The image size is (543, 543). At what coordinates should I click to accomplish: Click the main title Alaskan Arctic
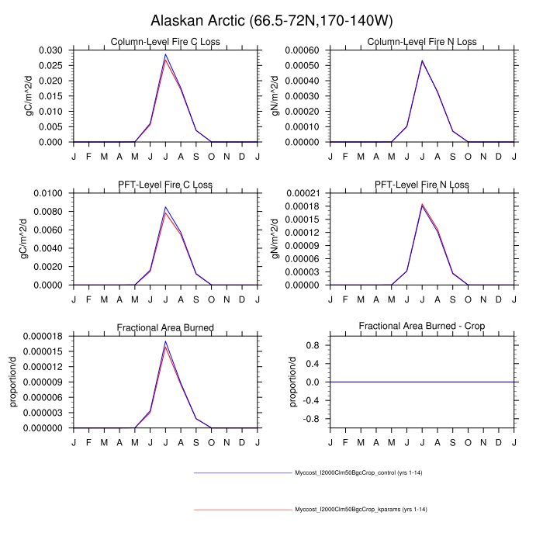[x=271, y=20]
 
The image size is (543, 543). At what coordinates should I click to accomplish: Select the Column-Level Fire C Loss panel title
[x=166, y=42]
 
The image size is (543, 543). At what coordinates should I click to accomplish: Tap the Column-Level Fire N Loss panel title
[x=422, y=42]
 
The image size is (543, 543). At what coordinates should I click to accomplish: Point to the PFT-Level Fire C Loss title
[x=166, y=185]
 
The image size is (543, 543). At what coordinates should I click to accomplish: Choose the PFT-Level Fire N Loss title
[x=422, y=185]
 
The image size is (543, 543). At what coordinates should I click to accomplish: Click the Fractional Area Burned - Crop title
[x=422, y=327]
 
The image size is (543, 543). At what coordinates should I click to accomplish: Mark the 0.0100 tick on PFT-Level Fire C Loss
[x=50, y=193]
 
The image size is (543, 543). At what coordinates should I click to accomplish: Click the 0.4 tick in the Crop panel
[x=314, y=364]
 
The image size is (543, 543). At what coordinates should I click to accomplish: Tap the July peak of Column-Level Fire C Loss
[x=165, y=55]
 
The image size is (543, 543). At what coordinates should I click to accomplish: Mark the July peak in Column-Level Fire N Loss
[x=422, y=61]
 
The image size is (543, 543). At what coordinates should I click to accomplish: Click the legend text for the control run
[x=358, y=472]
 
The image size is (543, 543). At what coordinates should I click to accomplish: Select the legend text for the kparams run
[x=361, y=510]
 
